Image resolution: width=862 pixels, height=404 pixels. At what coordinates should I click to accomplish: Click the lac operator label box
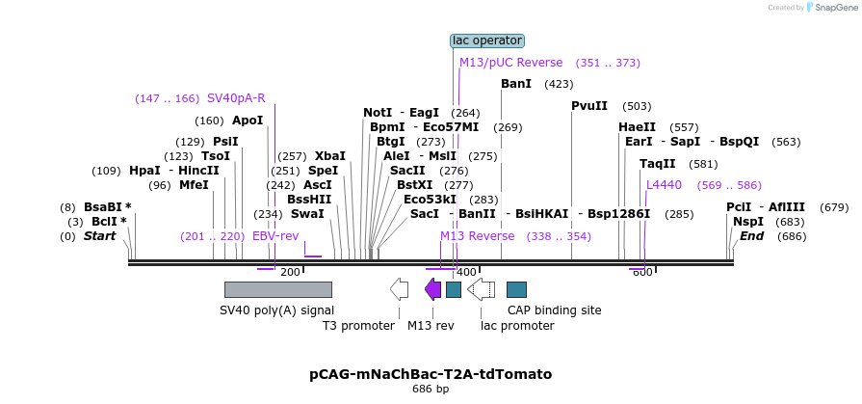[487, 40]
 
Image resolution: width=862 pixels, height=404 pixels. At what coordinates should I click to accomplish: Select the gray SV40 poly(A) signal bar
[277, 289]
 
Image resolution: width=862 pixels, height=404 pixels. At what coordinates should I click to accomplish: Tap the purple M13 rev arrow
[432, 289]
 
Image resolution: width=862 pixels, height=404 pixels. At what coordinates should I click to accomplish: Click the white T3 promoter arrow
[399, 289]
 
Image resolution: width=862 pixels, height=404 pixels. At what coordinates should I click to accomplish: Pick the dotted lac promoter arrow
[481, 289]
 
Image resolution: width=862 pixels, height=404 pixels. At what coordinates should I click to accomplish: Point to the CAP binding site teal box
[516, 289]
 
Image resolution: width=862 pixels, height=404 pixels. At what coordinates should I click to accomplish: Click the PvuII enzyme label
[589, 106]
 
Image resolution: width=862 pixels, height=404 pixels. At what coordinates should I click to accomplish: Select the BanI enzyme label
[516, 84]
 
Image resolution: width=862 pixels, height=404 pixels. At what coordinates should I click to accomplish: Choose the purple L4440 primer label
[664, 185]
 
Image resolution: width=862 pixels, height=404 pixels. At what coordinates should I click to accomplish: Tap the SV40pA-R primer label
[236, 98]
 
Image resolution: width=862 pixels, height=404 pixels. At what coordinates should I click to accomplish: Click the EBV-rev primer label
[275, 236]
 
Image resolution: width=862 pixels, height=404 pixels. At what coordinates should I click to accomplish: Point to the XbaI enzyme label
[330, 156]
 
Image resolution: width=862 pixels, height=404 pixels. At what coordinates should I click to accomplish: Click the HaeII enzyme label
[637, 127]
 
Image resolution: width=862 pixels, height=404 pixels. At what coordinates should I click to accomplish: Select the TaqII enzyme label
[658, 164]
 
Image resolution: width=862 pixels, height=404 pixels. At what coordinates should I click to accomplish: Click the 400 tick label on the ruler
[466, 273]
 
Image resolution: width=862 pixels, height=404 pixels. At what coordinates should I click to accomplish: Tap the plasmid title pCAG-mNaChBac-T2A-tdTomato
[431, 373]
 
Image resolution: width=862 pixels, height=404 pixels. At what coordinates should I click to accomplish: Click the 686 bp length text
[431, 390]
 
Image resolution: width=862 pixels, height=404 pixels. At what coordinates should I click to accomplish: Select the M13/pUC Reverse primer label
[510, 63]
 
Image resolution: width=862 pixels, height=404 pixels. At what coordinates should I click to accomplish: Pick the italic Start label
[99, 236]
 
